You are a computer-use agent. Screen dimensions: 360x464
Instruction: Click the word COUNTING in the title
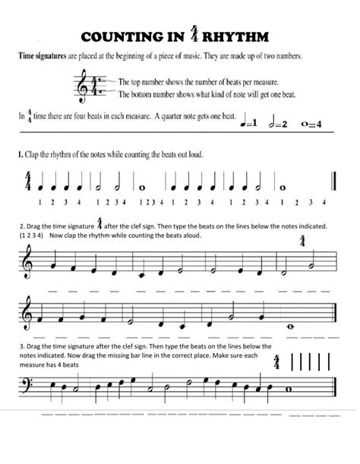[x=122, y=38]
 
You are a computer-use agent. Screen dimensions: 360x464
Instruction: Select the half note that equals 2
[x=273, y=123]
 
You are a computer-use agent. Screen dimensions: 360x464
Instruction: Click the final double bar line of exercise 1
[x=333, y=184]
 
